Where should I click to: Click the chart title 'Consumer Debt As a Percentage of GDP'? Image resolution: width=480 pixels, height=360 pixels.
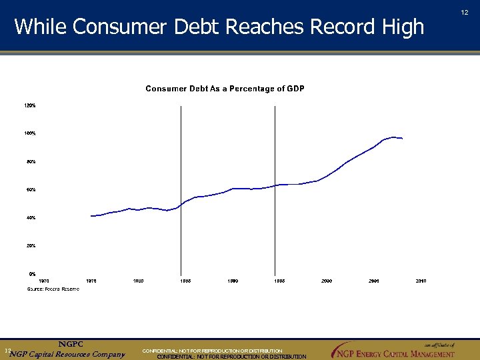click(x=225, y=89)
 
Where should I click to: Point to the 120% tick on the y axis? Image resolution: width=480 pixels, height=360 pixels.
click(x=30, y=105)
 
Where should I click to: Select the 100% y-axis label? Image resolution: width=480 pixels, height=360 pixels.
click(x=30, y=133)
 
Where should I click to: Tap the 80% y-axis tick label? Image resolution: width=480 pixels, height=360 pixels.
click(x=31, y=161)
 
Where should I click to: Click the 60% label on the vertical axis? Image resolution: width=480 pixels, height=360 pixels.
click(x=31, y=190)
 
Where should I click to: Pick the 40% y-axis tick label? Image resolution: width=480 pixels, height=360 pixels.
click(x=31, y=218)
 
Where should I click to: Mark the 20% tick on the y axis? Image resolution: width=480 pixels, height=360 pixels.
click(x=31, y=246)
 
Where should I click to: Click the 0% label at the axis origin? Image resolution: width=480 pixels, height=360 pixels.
click(x=32, y=274)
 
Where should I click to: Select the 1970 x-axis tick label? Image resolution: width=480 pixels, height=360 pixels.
click(x=44, y=281)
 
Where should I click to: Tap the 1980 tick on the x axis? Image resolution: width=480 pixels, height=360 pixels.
click(x=139, y=281)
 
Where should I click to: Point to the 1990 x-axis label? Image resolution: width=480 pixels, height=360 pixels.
click(x=233, y=281)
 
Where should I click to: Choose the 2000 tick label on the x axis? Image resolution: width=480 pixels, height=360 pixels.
click(x=327, y=281)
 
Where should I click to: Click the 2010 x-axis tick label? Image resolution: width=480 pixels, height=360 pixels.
click(x=421, y=281)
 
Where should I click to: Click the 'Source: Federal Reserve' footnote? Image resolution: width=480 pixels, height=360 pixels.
click(x=53, y=289)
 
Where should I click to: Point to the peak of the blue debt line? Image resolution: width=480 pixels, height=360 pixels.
click(x=394, y=137)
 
